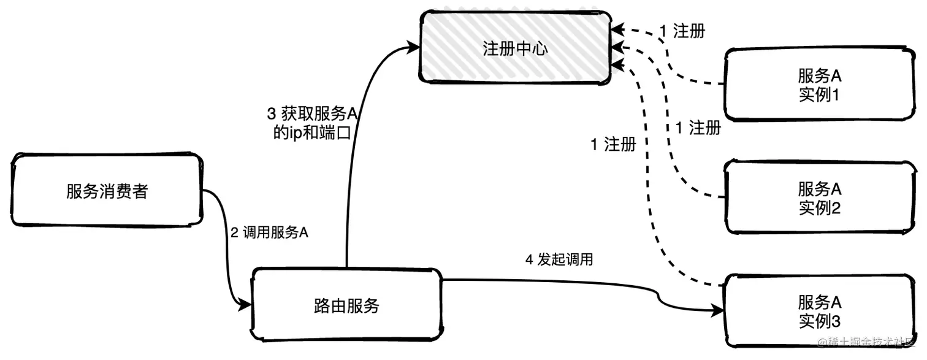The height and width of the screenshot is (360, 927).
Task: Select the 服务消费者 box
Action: pos(107,190)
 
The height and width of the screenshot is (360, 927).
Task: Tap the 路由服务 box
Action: pos(346,305)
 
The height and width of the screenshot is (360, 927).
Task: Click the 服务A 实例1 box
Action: pos(818,85)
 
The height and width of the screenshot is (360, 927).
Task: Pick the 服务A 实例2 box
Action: pos(818,197)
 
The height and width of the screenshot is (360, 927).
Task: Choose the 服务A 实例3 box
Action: pos(818,311)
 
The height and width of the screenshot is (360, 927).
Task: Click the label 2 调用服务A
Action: pos(269,233)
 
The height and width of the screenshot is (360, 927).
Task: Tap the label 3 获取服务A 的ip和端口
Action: pos(312,123)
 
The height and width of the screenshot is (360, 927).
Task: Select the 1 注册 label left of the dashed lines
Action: pos(612,145)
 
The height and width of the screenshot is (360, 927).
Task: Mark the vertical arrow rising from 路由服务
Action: pos(349,184)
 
